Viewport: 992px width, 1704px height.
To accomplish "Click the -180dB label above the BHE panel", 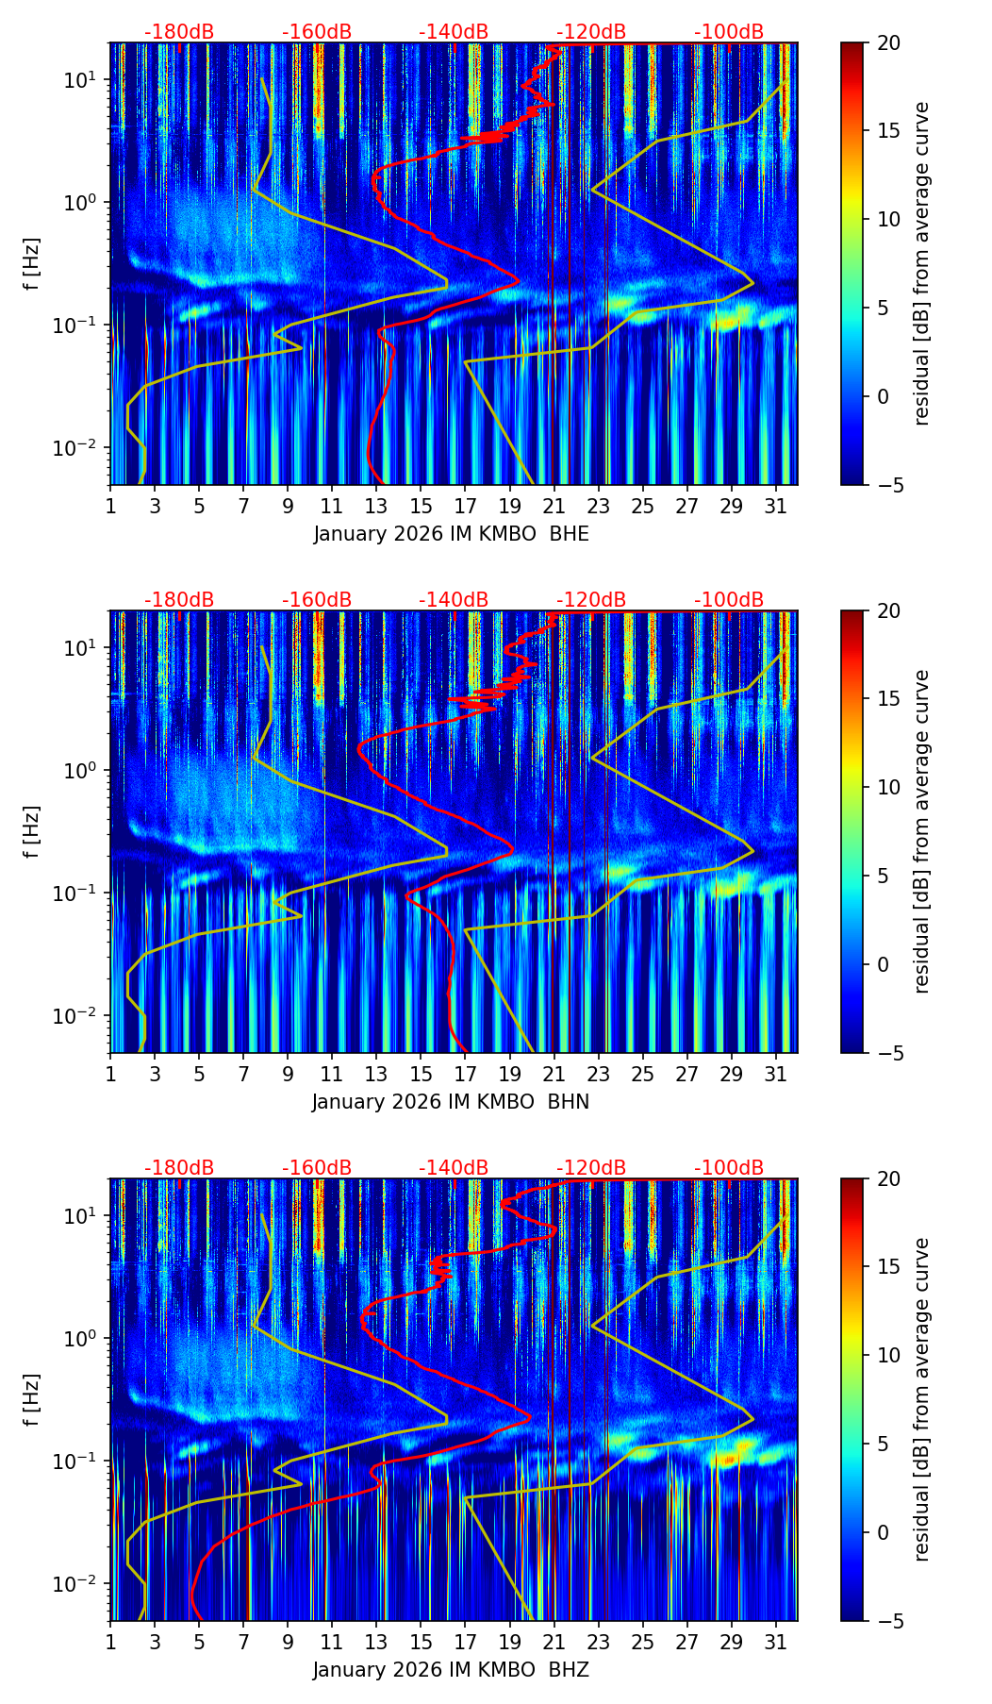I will tap(179, 32).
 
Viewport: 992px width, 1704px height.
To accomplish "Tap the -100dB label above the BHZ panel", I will tap(729, 1168).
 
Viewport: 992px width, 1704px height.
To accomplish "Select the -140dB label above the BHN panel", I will tap(454, 600).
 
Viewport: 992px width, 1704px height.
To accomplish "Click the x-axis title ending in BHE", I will tap(451, 534).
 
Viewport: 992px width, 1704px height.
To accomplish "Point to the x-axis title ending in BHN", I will tap(451, 1102).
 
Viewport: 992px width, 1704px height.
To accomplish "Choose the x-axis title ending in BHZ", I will tap(451, 1670).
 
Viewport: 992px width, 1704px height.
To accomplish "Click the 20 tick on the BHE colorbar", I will tap(888, 42).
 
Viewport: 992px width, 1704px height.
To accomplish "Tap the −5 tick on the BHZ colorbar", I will tap(888, 1621).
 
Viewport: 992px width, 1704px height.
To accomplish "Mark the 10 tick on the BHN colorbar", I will tap(888, 787).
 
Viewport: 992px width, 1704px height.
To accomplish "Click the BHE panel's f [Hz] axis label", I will tap(32, 264).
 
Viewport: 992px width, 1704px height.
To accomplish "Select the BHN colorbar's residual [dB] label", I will tap(921, 831).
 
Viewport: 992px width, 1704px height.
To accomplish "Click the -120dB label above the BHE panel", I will tap(591, 32).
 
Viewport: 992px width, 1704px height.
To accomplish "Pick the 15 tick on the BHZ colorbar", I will tap(888, 1267).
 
